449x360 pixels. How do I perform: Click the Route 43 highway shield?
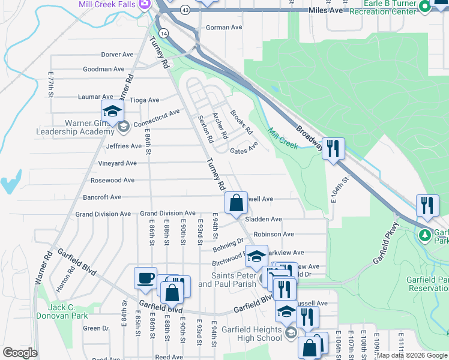pos(185,10)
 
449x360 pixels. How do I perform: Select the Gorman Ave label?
pos(223,28)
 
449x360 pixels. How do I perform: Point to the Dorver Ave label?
pos(117,54)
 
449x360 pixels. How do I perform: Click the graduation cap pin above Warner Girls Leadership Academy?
pos(112,112)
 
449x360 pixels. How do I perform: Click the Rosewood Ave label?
pos(112,180)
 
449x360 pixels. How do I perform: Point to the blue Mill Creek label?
pos(283,139)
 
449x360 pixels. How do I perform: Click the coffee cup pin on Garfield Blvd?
pos(145,279)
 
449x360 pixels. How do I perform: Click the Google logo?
pos(20,353)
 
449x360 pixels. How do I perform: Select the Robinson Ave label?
pos(273,234)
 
